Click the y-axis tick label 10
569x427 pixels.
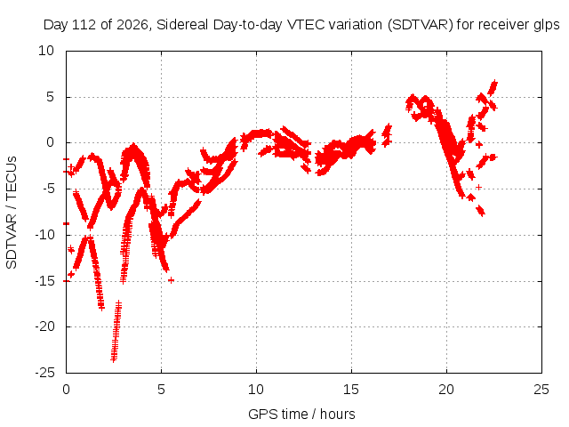point(46,51)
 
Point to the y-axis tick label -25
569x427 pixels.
point(44,373)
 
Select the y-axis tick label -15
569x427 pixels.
point(44,281)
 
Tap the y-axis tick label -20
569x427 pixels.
point(44,326)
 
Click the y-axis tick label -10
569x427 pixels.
point(44,235)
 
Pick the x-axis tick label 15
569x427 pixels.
point(351,390)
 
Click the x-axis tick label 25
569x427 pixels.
point(541,390)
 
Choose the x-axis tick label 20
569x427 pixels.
point(446,390)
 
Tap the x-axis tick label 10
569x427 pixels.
point(256,390)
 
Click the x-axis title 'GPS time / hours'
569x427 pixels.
point(301,414)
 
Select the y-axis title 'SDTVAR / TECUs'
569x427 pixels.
point(12,213)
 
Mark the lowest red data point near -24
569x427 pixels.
point(114,359)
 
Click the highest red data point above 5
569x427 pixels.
point(494,83)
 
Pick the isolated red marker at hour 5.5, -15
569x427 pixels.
point(171,280)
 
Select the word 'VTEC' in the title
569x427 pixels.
point(300,25)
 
